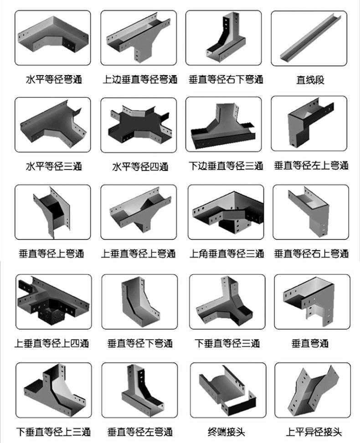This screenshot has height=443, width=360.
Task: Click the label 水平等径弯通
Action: click(54, 79)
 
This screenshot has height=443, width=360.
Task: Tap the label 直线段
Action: click(310, 80)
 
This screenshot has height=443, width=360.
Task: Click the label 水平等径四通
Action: click(140, 167)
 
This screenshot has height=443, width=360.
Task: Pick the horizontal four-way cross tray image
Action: click(139, 124)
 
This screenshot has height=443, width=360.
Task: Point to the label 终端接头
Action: click(226, 432)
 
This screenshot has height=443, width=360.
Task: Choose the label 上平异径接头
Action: click(314, 432)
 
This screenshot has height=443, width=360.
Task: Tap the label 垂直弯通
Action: click(310, 343)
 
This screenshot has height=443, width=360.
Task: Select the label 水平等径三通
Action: click(54, 166)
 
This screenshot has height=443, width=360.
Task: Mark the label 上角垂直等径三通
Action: click(226, 253)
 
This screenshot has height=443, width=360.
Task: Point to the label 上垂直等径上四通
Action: click(51, 343)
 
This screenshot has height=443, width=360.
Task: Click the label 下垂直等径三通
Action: click(227, 343)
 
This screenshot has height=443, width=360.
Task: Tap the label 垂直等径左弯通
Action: click(140, 432)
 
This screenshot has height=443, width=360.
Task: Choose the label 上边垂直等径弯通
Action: click(140, 79)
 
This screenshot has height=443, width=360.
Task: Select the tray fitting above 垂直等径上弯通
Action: click(52, 211)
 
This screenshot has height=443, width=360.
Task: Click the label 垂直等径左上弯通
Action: click(311, 165)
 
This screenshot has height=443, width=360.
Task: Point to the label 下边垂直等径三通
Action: click(226, 166)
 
